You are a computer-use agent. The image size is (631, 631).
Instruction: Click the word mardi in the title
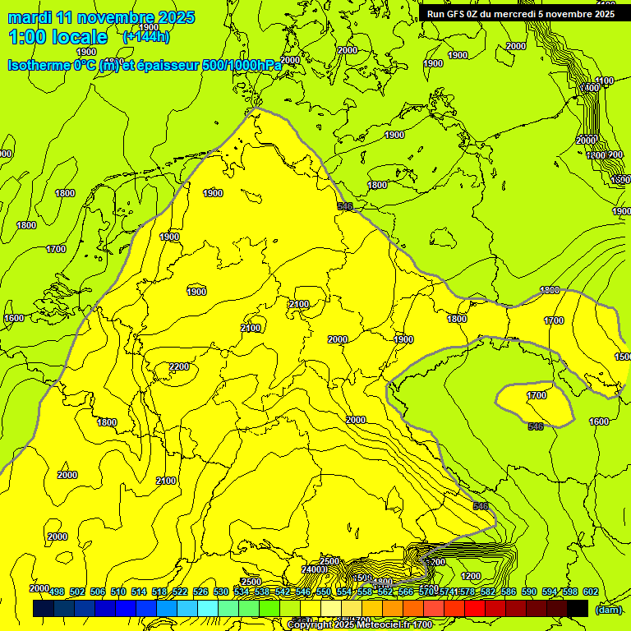pos(30,17)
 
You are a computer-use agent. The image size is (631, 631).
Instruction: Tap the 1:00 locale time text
pos(58,37)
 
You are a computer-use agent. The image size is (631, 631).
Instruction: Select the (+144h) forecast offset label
pos(146,37)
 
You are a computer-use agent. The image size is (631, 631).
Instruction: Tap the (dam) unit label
pos(608,609)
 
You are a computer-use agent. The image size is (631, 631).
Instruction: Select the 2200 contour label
pos(179,366)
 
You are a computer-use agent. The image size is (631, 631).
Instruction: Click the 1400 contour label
pos(589,88)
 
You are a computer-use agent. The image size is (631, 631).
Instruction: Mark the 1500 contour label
pos(623,357)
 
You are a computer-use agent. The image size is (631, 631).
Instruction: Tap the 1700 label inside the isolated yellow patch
pos(536,395)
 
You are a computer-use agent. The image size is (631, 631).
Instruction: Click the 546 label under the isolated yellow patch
pos(536,426)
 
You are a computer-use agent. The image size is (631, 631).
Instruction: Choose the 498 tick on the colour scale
pos(57,592)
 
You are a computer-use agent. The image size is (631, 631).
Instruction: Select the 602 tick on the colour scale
pos(591,592)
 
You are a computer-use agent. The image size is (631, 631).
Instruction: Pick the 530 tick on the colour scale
pos(221,592)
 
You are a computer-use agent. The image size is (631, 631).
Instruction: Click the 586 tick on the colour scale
pos(509,592)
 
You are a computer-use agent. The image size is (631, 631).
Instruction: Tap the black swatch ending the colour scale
pos(578,608)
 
